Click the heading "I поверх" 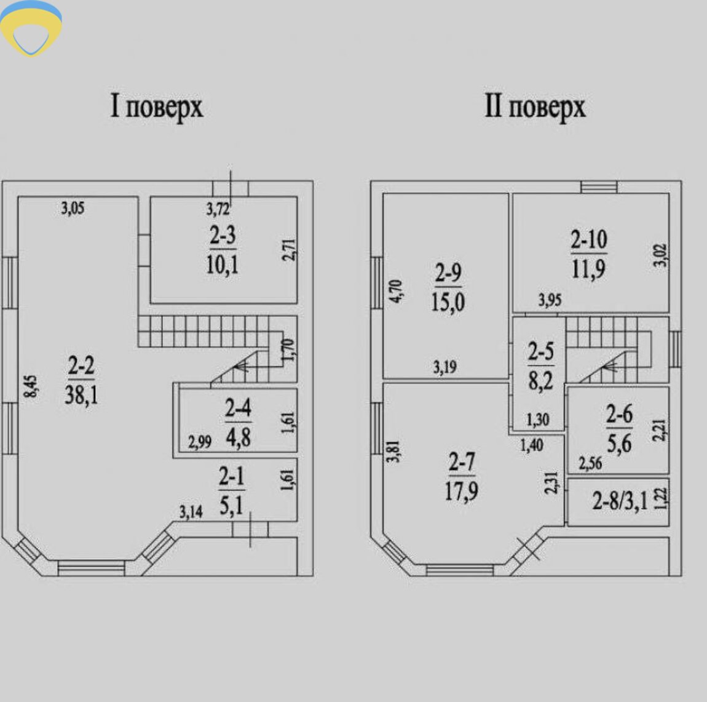pyautogui.click(x=156, y=108)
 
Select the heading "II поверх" pyautogui.click(x=534, y=108)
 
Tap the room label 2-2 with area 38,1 pyautogui.click(x=81, y=381)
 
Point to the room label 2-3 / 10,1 pyautogui.click(x=222, y=250)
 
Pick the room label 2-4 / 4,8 pyautogui.click(x=237, y=423)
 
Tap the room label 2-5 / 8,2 pyautogui.click(x=540, y=366)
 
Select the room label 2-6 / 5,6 pyautogui.click(x=618, y=428)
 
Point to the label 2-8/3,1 pyautogui.click(x=620, y=501)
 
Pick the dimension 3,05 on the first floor pyautogui.click(x=73, y=209)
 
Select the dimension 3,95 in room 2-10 pyautogui.click(x=550, y=300)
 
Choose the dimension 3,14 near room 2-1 pyautogui.click(x=191, y=511)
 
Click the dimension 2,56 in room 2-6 pyautogui.click(x=590, y=463)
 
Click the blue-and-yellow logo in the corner pyautogui.click(x=31, y=28)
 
